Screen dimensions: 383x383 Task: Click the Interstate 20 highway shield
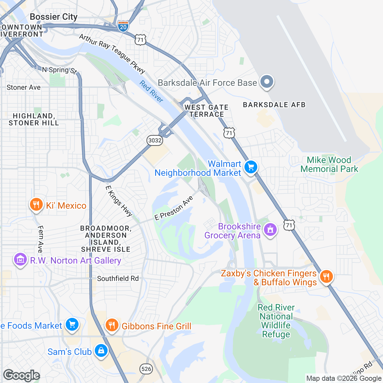123,26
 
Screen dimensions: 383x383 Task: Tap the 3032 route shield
155,140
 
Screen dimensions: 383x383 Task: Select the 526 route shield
146,369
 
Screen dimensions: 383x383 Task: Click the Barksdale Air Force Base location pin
267,82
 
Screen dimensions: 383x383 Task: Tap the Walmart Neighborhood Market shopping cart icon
251,167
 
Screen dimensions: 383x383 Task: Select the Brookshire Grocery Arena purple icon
270,229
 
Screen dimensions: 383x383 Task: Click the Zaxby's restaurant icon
326,276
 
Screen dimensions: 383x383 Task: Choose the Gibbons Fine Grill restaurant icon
111,325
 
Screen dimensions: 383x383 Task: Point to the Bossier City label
54,17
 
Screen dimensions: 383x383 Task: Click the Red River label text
151,92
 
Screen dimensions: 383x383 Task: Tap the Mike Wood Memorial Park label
329,164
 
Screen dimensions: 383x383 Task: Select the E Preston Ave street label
174,208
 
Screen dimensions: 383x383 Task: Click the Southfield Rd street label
118,278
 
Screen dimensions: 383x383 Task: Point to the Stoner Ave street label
24,87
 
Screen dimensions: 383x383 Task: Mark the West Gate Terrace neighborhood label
207,111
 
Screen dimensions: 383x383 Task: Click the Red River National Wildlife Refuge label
276,321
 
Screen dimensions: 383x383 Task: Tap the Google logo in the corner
21,376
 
